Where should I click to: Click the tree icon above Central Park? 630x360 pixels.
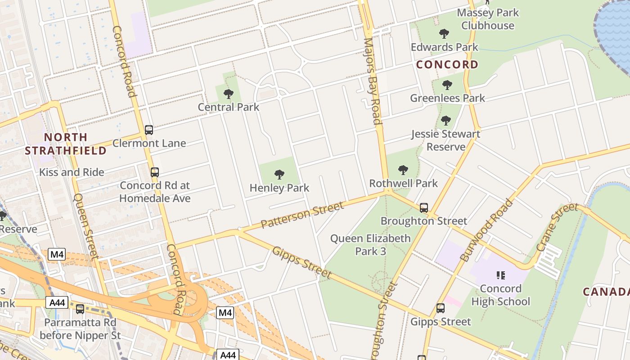(x=229, y=94)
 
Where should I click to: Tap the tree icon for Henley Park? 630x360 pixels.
(x=279, y=174)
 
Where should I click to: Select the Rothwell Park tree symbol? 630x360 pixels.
(x=403, y=170)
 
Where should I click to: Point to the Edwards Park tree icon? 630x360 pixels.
(x=444, y=33)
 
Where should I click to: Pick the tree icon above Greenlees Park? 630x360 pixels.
(x=447, y=85)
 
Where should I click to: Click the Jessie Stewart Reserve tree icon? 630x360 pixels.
(x=446, y=120)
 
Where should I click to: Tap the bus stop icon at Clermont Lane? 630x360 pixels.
(x=149, y=130)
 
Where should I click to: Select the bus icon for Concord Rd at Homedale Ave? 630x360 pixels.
(x=155, y=172)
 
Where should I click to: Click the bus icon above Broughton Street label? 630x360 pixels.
(x=424, y=207)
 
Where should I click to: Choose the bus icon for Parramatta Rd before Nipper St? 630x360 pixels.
(x=80, y=309)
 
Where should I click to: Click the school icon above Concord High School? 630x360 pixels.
(x=500, y=275)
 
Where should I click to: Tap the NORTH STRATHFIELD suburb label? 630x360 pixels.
(x=66, y=144)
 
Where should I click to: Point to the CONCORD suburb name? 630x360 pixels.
(x=447, y=64)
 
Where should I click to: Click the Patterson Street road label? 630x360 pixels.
(x=302, y=215)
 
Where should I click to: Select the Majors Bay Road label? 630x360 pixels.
(x=373, y=81)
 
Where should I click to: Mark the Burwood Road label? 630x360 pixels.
(x=486, y=230)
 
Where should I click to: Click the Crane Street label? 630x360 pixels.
(x=557, y=228)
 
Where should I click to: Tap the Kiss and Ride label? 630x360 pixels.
(x=72, y=172)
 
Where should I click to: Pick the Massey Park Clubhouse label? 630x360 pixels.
(x=488, y=19)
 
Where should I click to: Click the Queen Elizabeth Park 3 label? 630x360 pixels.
(x=370, y=245)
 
